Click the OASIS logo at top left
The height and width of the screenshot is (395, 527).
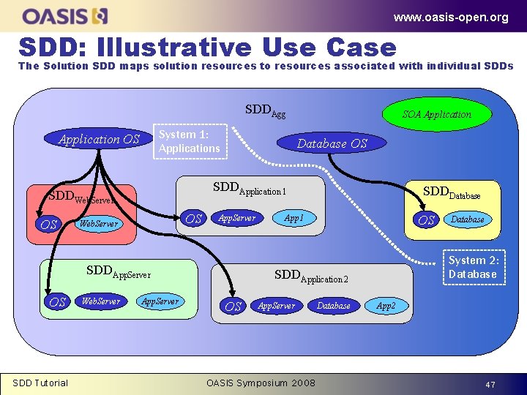coord(65,15)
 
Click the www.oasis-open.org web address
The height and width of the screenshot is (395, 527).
coord(450,18)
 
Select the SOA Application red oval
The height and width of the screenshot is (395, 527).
coord(437,114)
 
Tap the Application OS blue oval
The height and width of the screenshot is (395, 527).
coord(99,139)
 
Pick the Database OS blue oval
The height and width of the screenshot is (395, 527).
coord(332,143)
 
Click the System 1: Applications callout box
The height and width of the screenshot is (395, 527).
coord(189,142)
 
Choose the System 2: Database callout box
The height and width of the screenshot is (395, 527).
coord(472,267)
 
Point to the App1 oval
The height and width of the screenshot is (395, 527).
coord(294,218)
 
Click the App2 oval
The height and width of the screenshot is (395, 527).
coord(386,306)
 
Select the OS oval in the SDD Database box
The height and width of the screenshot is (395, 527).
coord(426,220)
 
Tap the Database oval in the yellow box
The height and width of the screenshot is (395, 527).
coord(467,219)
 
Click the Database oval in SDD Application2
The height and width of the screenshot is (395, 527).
coord(334,306)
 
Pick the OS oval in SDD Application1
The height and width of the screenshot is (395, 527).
coord(194,219)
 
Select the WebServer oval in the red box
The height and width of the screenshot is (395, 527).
coord(99,224)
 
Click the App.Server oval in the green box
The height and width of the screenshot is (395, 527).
coord(160,301)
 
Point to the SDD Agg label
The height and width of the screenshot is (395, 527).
coord(265,111)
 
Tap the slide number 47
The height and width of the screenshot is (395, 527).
coord(490,384)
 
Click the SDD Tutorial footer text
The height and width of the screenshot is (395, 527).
coord(40,383)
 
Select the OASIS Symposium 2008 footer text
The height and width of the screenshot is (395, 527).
coord(261,383)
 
